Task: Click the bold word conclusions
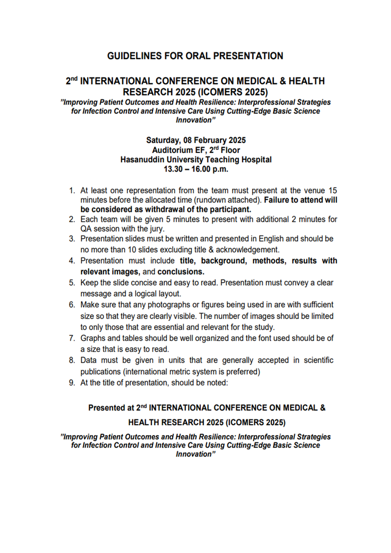click(x=180, y=271)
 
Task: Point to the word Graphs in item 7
click(x=92, y=338)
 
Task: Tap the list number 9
click(x=71, y=381)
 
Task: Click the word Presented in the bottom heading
click(x=106, y=408)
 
